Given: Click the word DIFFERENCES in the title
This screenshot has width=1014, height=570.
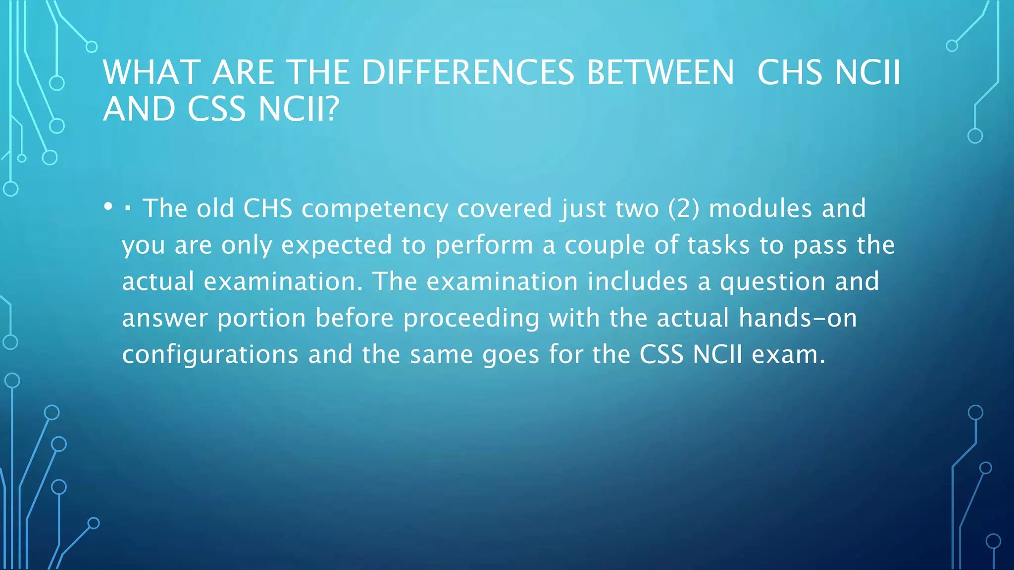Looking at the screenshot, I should coord(468,73).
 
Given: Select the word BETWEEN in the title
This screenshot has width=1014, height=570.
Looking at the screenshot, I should coord(660,73).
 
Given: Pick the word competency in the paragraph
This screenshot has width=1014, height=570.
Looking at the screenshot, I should coord(375,209).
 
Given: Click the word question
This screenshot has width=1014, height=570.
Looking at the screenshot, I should coord(772,282).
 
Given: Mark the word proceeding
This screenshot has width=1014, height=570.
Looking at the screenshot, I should coord(471,319).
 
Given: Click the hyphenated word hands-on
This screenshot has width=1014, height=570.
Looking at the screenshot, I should coord(798,318).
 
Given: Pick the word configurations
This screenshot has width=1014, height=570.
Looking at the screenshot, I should coord(210,355).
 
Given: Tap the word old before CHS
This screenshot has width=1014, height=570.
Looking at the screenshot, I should coord(215,209).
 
